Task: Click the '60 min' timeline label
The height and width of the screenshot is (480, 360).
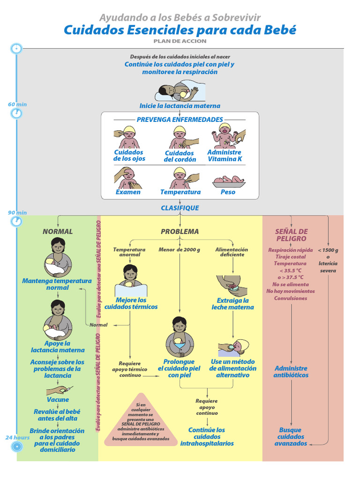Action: tap(17, 104)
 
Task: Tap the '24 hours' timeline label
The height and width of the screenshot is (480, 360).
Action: tap(17, 437)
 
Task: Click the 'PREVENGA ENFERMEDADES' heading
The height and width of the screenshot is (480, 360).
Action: tap(180, 120)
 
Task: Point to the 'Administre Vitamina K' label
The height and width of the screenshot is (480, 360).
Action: tap(224, 156)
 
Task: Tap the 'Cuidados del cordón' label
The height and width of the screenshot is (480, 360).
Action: tap(179, 156)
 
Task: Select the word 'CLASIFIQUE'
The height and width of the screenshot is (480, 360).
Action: tap(180, 208)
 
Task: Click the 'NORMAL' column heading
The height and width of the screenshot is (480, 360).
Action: tap(58, 231)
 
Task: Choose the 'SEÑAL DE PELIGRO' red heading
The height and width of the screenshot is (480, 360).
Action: tap(291, 235)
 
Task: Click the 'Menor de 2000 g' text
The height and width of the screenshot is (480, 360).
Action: tap(179, 249)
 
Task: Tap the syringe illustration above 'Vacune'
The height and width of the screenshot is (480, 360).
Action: tap(60, 390)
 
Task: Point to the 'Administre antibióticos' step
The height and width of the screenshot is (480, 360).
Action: tap(291, 372)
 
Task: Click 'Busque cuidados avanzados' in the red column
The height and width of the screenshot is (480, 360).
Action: tap(290, 436)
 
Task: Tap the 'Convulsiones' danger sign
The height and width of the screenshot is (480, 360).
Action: tap(291, 298)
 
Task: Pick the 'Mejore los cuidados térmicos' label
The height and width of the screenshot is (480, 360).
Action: tap(131, 303)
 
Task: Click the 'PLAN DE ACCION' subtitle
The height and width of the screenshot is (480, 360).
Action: tap(180, 41)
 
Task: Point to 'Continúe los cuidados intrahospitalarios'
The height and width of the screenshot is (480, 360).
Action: tap(207, 436)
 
